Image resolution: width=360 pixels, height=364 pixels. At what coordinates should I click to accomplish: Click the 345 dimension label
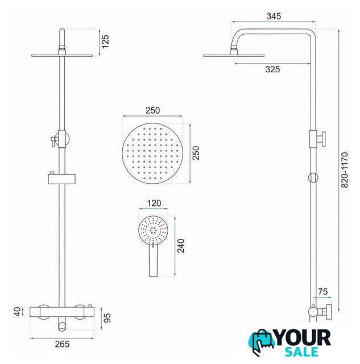pyautogui.click(x=274, y=16)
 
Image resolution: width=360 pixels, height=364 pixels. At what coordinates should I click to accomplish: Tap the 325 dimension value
pyautogui.click(x=272, y=69)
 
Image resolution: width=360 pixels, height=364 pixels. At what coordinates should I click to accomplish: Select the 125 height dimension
pyautogui.click(x=105, y=42)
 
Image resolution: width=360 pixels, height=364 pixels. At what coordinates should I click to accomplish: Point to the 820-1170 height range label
pyautogui.click(x=345, y=170)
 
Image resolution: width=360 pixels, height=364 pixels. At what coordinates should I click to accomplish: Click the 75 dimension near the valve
pyautogui.click(x=323, y=292)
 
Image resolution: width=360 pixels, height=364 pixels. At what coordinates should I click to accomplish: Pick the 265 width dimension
pyautogui.click(x=62, y=344)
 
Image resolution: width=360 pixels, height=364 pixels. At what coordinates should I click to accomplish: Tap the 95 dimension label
pyautogui.click(x=107, y=318)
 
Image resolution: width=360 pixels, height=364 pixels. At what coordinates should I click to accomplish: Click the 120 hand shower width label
pyautogui.click(x=154, y=204)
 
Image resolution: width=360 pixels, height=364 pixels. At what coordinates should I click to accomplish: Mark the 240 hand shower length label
pyautogui.click(x=181, y=246)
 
